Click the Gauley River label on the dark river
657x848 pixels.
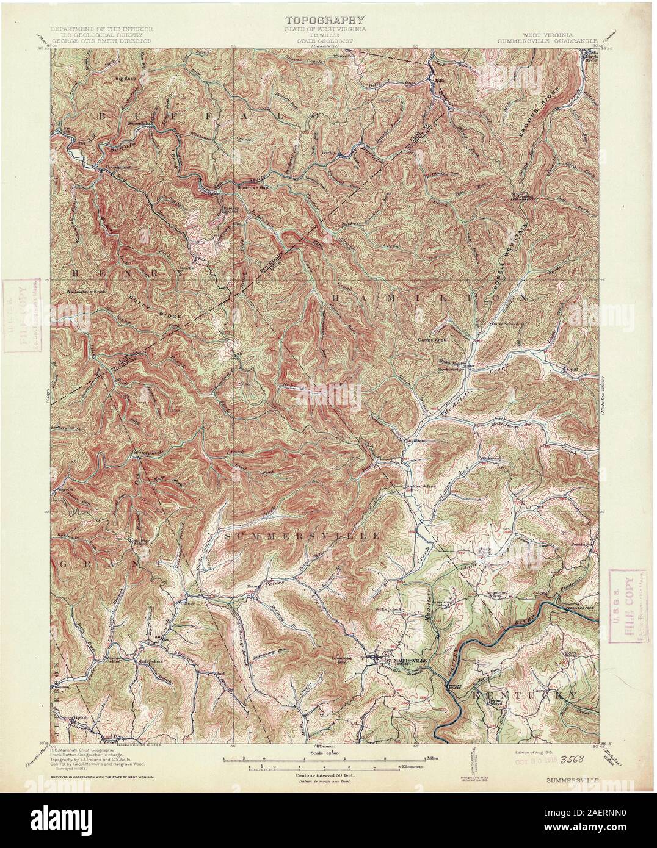(x=521, y=623)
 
